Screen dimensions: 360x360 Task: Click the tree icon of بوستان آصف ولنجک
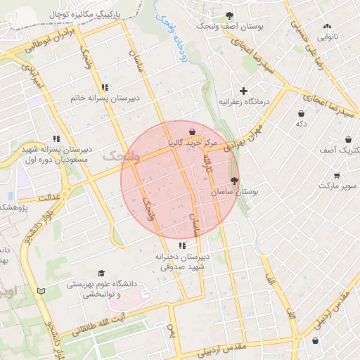[x=229, y=15]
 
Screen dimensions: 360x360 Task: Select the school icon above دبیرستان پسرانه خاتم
[x=105, y=88]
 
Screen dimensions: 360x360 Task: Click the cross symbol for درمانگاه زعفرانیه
[x=244, y=91]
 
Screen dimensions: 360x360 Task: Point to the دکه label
[x=302, y=124]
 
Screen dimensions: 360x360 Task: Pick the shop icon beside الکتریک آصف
[x=347, y=140]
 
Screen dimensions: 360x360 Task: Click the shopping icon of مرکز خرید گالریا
[x=192, y=131]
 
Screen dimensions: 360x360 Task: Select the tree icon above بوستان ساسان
[x=234, y=181]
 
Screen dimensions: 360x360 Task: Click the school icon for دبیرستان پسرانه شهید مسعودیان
[x=56, y=139]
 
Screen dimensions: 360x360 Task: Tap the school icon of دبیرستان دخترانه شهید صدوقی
[x=182, y=245]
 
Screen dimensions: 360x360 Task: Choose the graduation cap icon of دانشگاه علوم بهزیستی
[x=101, y=274]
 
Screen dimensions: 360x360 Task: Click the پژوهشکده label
[x=13, y=207]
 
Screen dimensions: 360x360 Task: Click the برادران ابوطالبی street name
[x=49, y=42]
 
